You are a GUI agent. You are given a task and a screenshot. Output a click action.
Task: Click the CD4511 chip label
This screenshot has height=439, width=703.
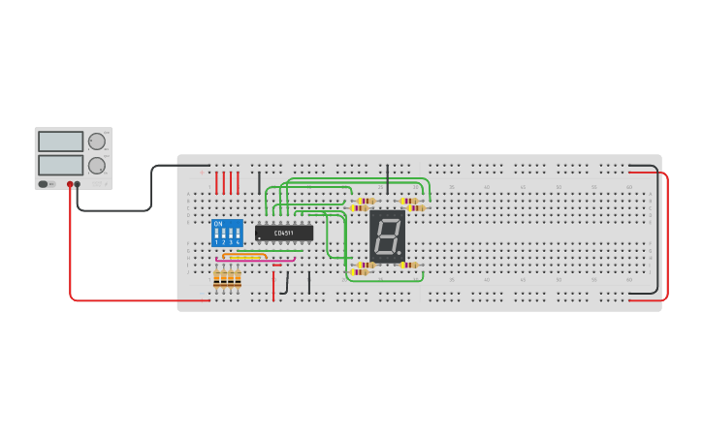[284, 233]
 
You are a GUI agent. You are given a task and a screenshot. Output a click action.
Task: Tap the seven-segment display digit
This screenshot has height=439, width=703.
[386, 234]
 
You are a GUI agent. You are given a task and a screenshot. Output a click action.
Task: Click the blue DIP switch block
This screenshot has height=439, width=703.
[227, 234]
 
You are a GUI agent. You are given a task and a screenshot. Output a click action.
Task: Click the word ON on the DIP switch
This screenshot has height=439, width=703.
[219, 224]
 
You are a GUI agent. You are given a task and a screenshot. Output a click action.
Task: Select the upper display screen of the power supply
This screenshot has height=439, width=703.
[60, 141]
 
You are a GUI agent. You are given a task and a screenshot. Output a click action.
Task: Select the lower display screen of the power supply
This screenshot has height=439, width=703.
[60, 165]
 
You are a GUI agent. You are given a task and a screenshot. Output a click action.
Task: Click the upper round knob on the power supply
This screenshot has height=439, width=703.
[97, 141]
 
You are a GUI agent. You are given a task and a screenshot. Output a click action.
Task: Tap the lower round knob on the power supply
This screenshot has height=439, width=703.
[97, 166]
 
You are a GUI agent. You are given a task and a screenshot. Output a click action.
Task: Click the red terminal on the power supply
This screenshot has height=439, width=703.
[70, 184]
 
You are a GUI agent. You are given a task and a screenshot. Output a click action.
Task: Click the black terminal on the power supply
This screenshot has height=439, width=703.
[78, 184]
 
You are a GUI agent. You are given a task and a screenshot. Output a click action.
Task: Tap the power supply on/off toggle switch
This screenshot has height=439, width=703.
[44, 184]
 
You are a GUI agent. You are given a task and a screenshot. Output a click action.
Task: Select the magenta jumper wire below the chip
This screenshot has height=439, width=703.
[254, 260]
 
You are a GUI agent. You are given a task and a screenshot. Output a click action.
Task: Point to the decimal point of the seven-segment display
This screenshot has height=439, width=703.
[399, 253]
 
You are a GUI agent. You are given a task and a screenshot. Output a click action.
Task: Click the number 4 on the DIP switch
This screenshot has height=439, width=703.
[238, 241]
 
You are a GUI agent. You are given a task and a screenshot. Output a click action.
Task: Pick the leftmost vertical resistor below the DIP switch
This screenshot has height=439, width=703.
[217, 279]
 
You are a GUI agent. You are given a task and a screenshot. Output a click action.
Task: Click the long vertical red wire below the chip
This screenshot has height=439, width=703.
[273, 284]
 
